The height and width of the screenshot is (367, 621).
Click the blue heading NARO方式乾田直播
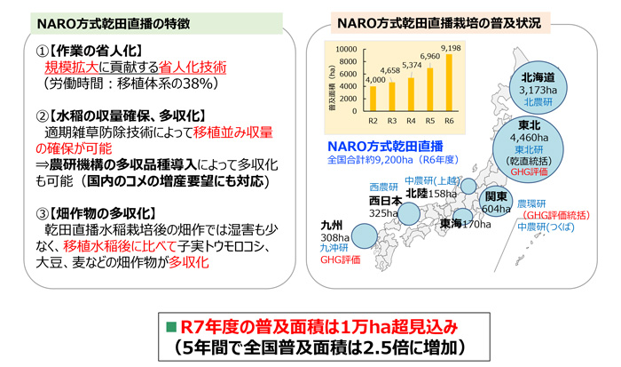(384, 146)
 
